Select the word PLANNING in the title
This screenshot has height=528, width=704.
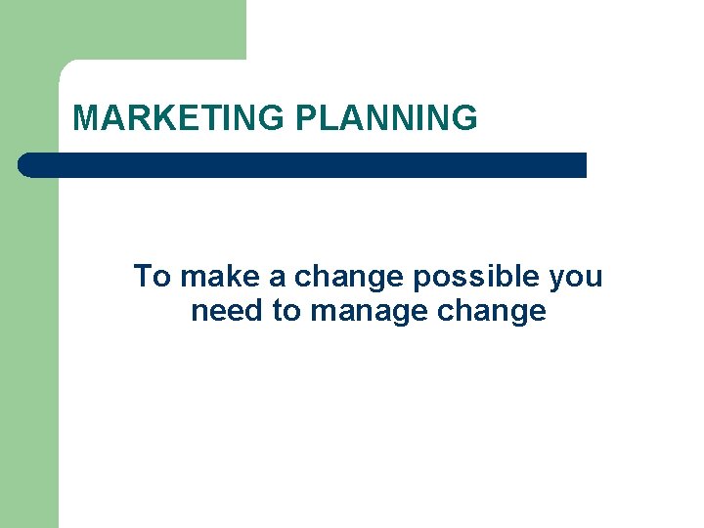tap(386, 118)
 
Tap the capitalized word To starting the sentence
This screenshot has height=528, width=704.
tap(153, 277)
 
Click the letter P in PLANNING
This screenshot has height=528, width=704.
tap(305, 118)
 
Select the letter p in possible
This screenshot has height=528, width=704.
tap(421, 282)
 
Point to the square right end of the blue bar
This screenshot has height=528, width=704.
tap(581, 165)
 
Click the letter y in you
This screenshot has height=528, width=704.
tap(556, 282)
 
